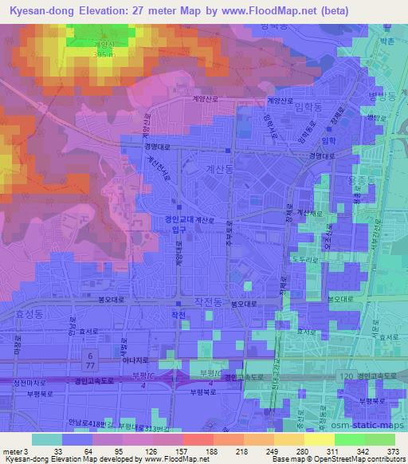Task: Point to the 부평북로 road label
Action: (203, 391)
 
